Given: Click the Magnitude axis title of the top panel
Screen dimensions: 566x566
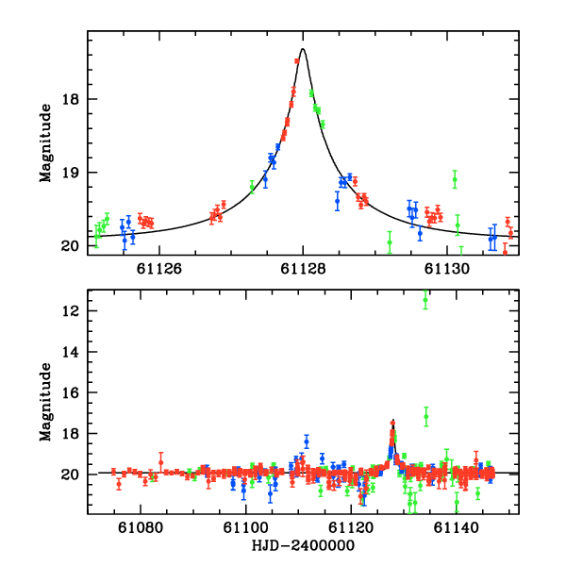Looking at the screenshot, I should (x=44, y=142).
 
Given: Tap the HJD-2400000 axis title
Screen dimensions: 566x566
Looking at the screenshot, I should (x=303, y=546).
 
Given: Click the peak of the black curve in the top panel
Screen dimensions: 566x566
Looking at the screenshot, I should (x=302, y=49).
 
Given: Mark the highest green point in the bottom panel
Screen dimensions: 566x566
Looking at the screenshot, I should (x=425, y=300).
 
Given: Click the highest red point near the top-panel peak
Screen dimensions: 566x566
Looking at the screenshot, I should (x=296, y=61).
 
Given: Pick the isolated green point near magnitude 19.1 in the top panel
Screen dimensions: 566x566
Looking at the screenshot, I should (x=455, y=179).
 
